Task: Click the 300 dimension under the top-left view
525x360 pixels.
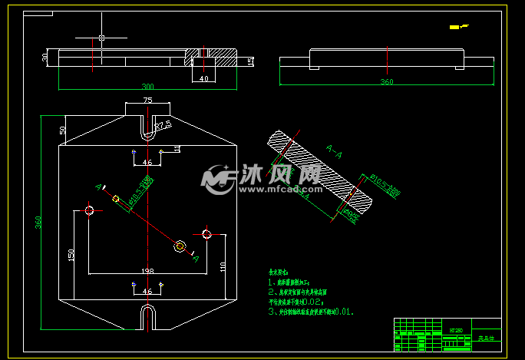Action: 147,87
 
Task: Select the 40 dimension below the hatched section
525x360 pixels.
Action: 203,78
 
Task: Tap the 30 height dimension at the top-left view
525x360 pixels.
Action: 45,57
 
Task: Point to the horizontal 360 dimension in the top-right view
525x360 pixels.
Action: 387,81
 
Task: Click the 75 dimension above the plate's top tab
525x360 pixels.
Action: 147,101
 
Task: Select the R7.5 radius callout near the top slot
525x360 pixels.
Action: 163,124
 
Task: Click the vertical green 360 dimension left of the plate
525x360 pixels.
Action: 38,222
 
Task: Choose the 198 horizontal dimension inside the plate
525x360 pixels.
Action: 147,271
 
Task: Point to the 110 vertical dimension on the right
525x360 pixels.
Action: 222,267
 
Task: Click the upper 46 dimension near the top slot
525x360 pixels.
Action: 147,163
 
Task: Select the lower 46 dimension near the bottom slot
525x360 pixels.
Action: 147,292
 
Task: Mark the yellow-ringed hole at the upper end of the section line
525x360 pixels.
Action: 117,199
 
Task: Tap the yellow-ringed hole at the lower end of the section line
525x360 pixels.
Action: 180,246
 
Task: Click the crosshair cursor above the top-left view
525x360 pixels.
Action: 101,38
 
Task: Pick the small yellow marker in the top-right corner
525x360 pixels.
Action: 456,28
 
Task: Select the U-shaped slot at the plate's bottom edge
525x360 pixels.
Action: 148,315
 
